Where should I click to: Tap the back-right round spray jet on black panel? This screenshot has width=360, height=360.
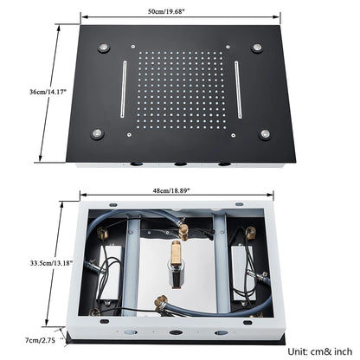260,46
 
